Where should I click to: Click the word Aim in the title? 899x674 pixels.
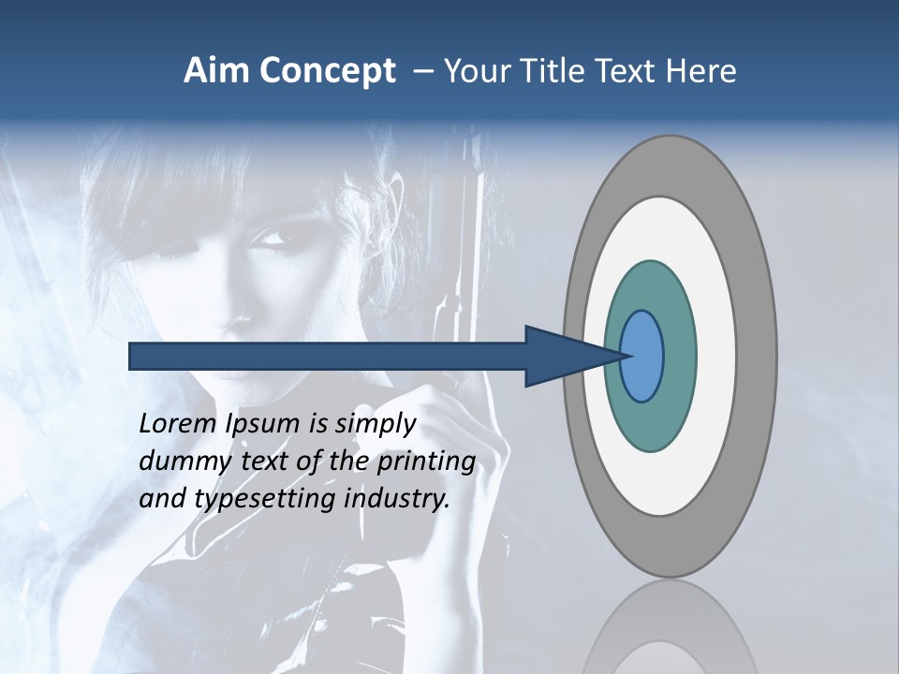pos(216,71)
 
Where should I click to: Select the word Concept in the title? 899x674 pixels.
pos(328,71)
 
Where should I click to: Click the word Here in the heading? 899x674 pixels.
pos(701,71)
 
